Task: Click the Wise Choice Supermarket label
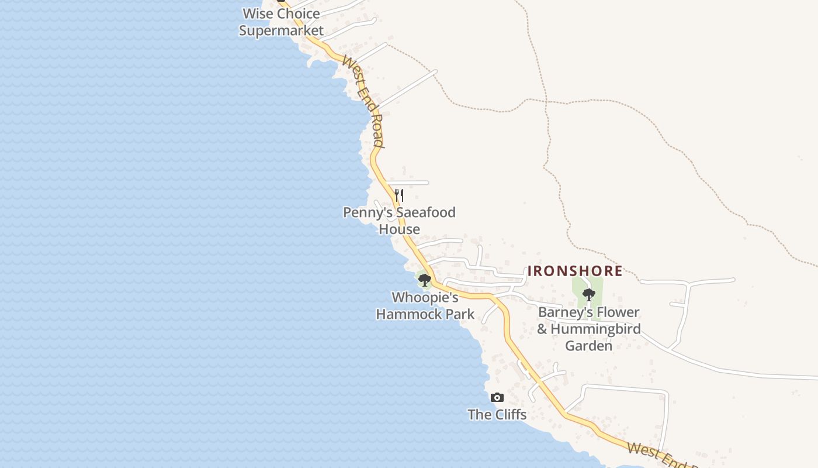coord(281,22)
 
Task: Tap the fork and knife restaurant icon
coord(399,194)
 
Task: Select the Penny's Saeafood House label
coord(399,221)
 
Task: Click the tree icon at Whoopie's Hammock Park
coord(425,280)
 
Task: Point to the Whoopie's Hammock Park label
coord(425,306)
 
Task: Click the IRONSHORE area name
coord(575,271)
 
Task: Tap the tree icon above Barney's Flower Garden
coord(588,294)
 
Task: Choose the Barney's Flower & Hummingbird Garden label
coord(588,329)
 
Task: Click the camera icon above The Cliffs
coord(497,398)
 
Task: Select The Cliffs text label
coord(497,415)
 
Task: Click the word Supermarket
coord(281,30)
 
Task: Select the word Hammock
coord(410,314)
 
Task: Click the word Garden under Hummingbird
coord(588,346)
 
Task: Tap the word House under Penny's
coord(399,229)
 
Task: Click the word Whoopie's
coord(425,298)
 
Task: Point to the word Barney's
coord(564,312)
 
